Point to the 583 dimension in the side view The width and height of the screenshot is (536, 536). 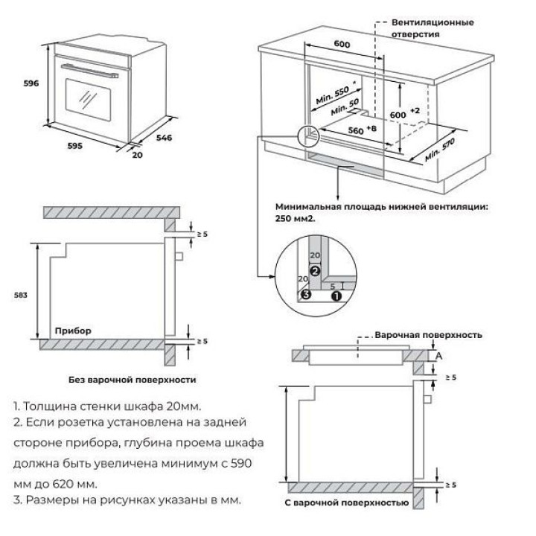(21, 296)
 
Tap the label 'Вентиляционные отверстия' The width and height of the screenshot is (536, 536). (433, 28)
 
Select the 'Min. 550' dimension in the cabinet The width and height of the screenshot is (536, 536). (332, 93)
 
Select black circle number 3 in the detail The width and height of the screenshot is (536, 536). (305, 295)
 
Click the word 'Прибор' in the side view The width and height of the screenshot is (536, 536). (72, 329)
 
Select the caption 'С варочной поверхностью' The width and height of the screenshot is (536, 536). (346, 504)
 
